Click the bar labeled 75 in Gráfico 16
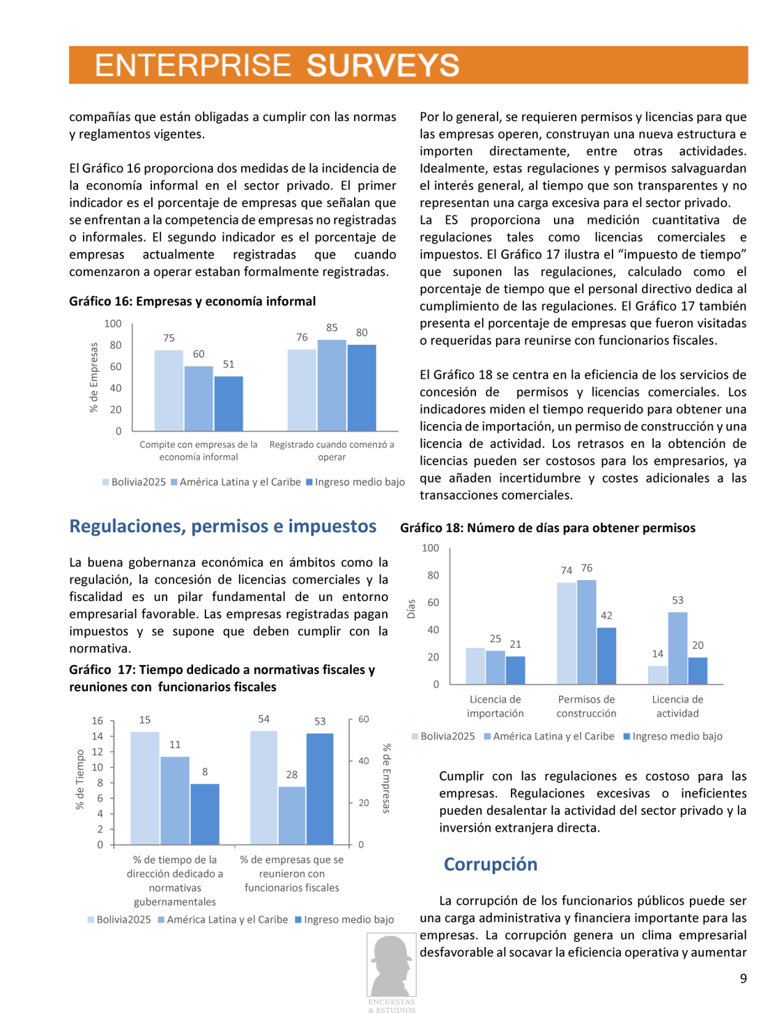169,390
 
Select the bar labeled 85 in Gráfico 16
332,385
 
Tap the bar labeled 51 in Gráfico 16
229,403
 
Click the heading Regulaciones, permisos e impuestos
223,526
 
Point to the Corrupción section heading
491,864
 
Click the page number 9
743,978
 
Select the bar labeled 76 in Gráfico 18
587,632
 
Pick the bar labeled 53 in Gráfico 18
677,648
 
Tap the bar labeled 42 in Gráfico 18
606,655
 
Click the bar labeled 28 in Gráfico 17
292,815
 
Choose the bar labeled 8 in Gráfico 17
205,813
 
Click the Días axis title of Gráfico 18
411,609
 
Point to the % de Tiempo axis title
80,779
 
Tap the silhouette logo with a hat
392,967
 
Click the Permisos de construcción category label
586,706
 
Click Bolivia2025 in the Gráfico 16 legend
138,482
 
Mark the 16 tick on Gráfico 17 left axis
98,721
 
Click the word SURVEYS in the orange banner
383,65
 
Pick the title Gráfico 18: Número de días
548,528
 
